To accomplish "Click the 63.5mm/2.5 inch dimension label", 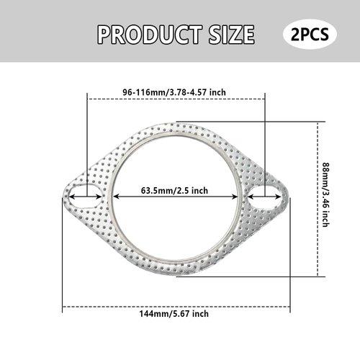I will pos(174,191).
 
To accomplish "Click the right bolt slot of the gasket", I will pos(266,193).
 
